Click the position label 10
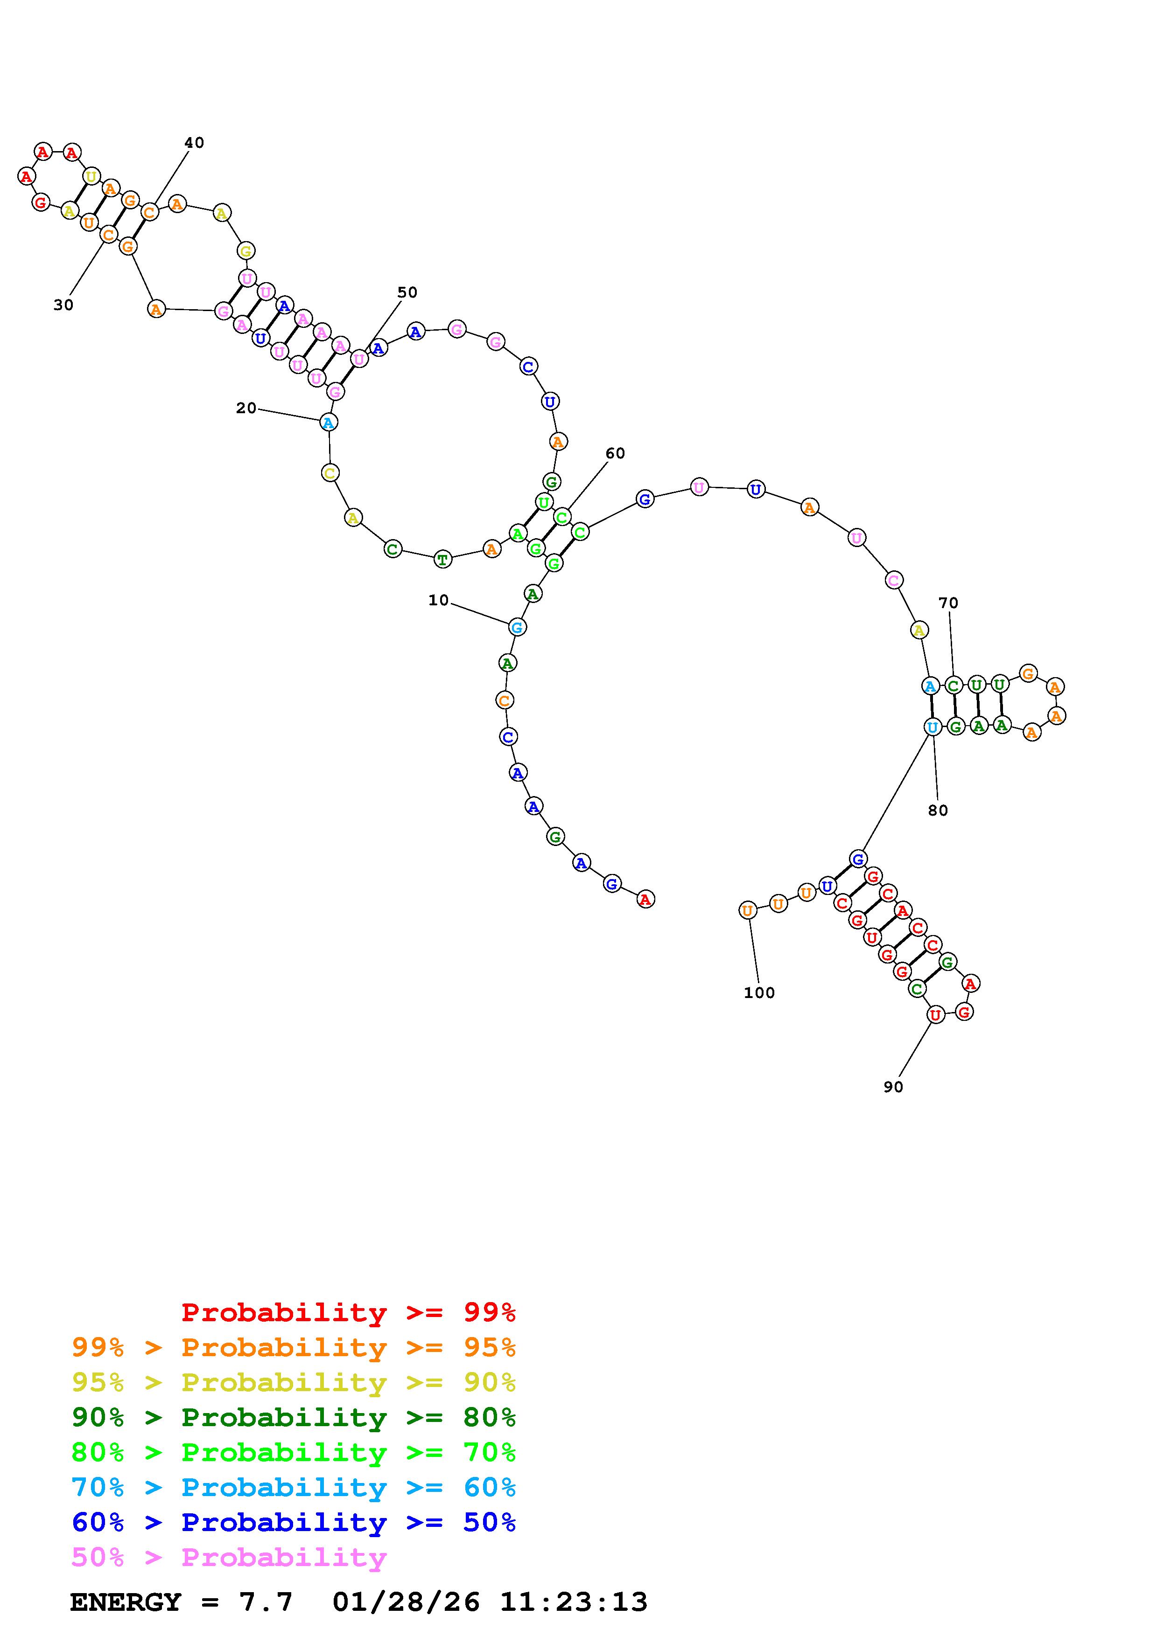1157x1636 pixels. pyautogui.click(x=438, y=600)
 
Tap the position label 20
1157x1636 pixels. pyautogui.click(x=246, y=408)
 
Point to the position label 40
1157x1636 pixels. pyautogui.click(x=194, y=143)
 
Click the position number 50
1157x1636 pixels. pyautogui.click(x=407, y=292)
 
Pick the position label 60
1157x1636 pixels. pyautogui.click(x=615, y=453)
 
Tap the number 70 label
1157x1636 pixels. pyautogui.click(x=948, y=603)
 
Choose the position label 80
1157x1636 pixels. pyautogui.click(x=938, y=810)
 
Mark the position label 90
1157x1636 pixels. pyautogui.click(x=893, y=1087)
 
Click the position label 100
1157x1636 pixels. pyautogui.click(x=759, y=992)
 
